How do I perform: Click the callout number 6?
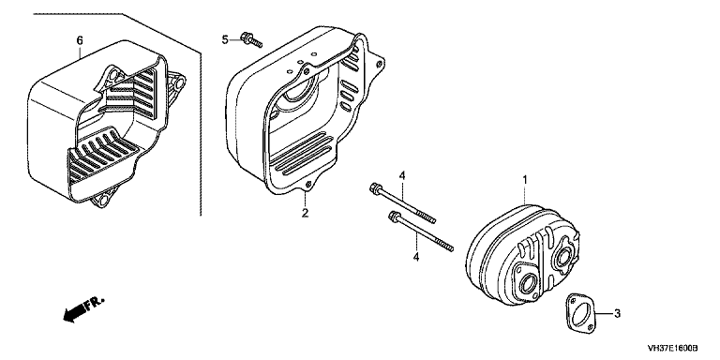(x=80, y=41)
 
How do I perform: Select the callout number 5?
(x=225, y=40)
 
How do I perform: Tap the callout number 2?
(x=306, y=213)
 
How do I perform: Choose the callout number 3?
(x=617, y=314)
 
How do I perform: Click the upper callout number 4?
(x=402, y=175)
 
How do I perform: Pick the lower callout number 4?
(x=415, y=257)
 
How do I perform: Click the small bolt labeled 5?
(x=251, y=40)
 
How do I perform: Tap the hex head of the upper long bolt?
(x=374, y=188)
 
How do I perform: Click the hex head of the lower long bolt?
(x=394, y=215)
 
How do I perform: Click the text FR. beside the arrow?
(x=97, y=303)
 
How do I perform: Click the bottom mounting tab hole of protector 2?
(x=309, y=185)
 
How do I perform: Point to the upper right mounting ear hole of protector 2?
(x=379, y=65)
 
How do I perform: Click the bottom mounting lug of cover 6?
(x=102, y=200)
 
